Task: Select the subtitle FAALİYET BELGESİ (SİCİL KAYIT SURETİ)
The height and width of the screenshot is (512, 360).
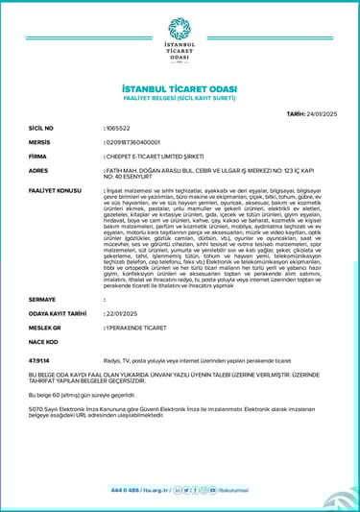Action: tap(180, 97)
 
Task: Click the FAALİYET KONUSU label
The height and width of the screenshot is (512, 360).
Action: tap(56, 190)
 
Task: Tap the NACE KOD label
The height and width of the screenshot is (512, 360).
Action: tap(43, 340)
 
